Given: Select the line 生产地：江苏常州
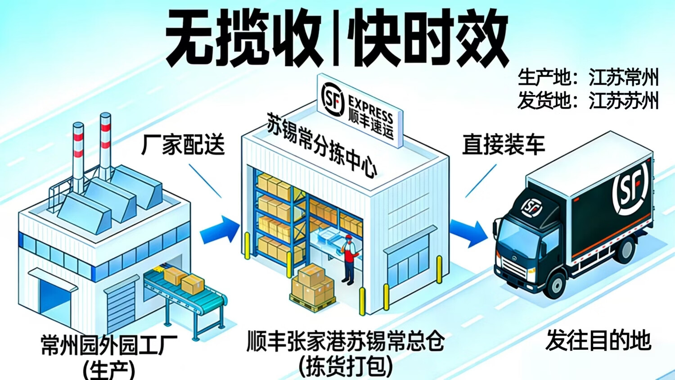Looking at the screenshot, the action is pos(588,77).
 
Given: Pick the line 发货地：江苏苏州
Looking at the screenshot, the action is pos(588,100).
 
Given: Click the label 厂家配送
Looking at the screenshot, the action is pos(183,145).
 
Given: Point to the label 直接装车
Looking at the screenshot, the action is pos(503,145).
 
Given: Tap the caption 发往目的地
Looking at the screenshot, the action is pos(598,340).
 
